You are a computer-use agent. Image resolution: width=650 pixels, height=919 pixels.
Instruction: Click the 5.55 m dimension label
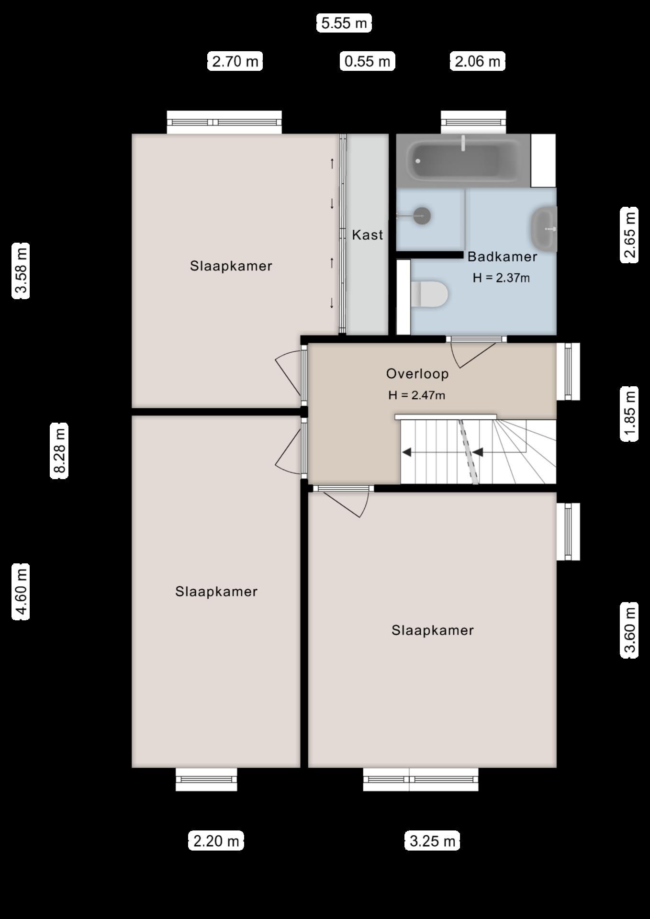344,23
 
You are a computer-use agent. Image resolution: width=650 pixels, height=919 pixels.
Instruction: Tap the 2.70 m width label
235,61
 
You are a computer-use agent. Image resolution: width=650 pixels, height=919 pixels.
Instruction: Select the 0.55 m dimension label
367,61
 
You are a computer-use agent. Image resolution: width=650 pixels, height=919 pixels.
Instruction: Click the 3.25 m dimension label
432,841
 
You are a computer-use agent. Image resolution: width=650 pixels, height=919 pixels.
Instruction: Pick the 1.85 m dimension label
629,414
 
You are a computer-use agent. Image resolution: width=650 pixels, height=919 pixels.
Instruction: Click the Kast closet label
367,235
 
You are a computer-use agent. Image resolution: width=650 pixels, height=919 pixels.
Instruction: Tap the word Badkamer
502,257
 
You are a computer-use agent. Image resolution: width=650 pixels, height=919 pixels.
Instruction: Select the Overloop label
417,373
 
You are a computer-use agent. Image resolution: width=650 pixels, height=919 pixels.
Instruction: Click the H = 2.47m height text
416,395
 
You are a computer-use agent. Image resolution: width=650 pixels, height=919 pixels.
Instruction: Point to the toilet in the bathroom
429,294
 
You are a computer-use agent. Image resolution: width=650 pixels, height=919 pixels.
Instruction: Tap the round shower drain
422,215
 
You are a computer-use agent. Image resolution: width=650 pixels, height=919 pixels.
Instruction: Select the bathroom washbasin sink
544,228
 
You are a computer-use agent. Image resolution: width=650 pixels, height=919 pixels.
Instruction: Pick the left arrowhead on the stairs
407,451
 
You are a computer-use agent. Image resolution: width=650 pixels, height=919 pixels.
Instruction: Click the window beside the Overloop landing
568,371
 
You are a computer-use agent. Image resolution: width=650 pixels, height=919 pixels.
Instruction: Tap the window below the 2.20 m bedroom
206,779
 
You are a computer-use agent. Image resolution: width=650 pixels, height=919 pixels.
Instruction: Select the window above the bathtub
473,123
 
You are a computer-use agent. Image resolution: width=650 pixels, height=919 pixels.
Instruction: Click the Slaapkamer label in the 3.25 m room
432,630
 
